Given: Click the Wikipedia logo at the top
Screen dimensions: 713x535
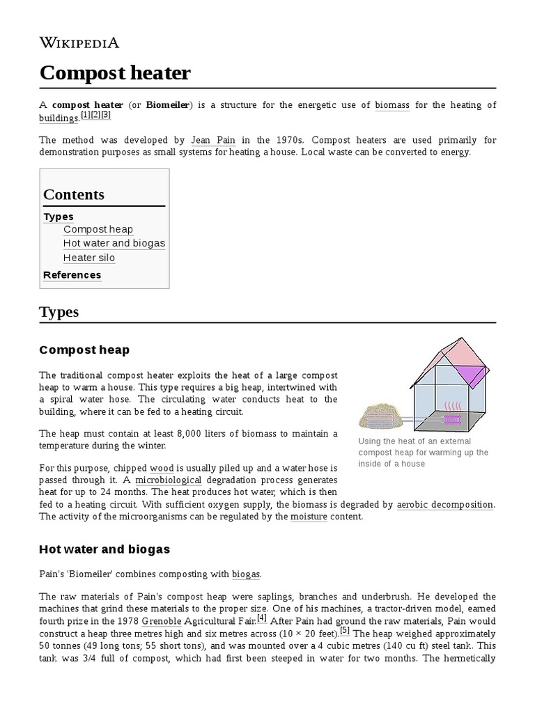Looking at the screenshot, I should point(79,42).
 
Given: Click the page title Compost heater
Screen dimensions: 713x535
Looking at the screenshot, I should point(115,72).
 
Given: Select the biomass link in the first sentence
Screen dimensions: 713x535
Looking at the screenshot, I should point(392,105).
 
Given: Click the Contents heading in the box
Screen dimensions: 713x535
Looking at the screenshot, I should point(74,195).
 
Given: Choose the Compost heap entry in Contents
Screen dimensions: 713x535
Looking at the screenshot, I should point(98,229).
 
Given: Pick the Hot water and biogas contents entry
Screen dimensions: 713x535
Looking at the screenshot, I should point(114,243).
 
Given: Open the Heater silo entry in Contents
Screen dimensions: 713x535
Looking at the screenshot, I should point(89,258).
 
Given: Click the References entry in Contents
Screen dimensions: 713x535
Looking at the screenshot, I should point(72,275).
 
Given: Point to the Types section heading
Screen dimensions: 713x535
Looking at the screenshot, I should point(59,312).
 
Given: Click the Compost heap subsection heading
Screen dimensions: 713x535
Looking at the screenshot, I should point(84,350).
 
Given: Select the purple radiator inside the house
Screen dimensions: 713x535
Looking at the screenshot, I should point(453,419).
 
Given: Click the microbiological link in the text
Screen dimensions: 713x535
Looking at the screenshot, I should point(169,480).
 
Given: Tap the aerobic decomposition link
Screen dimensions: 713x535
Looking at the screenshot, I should point(445,504).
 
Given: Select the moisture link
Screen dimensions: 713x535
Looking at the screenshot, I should point(309,517).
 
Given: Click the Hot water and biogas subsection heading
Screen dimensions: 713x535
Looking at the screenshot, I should point(104,549).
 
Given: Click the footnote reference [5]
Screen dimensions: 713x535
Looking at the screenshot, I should point(345,632).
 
